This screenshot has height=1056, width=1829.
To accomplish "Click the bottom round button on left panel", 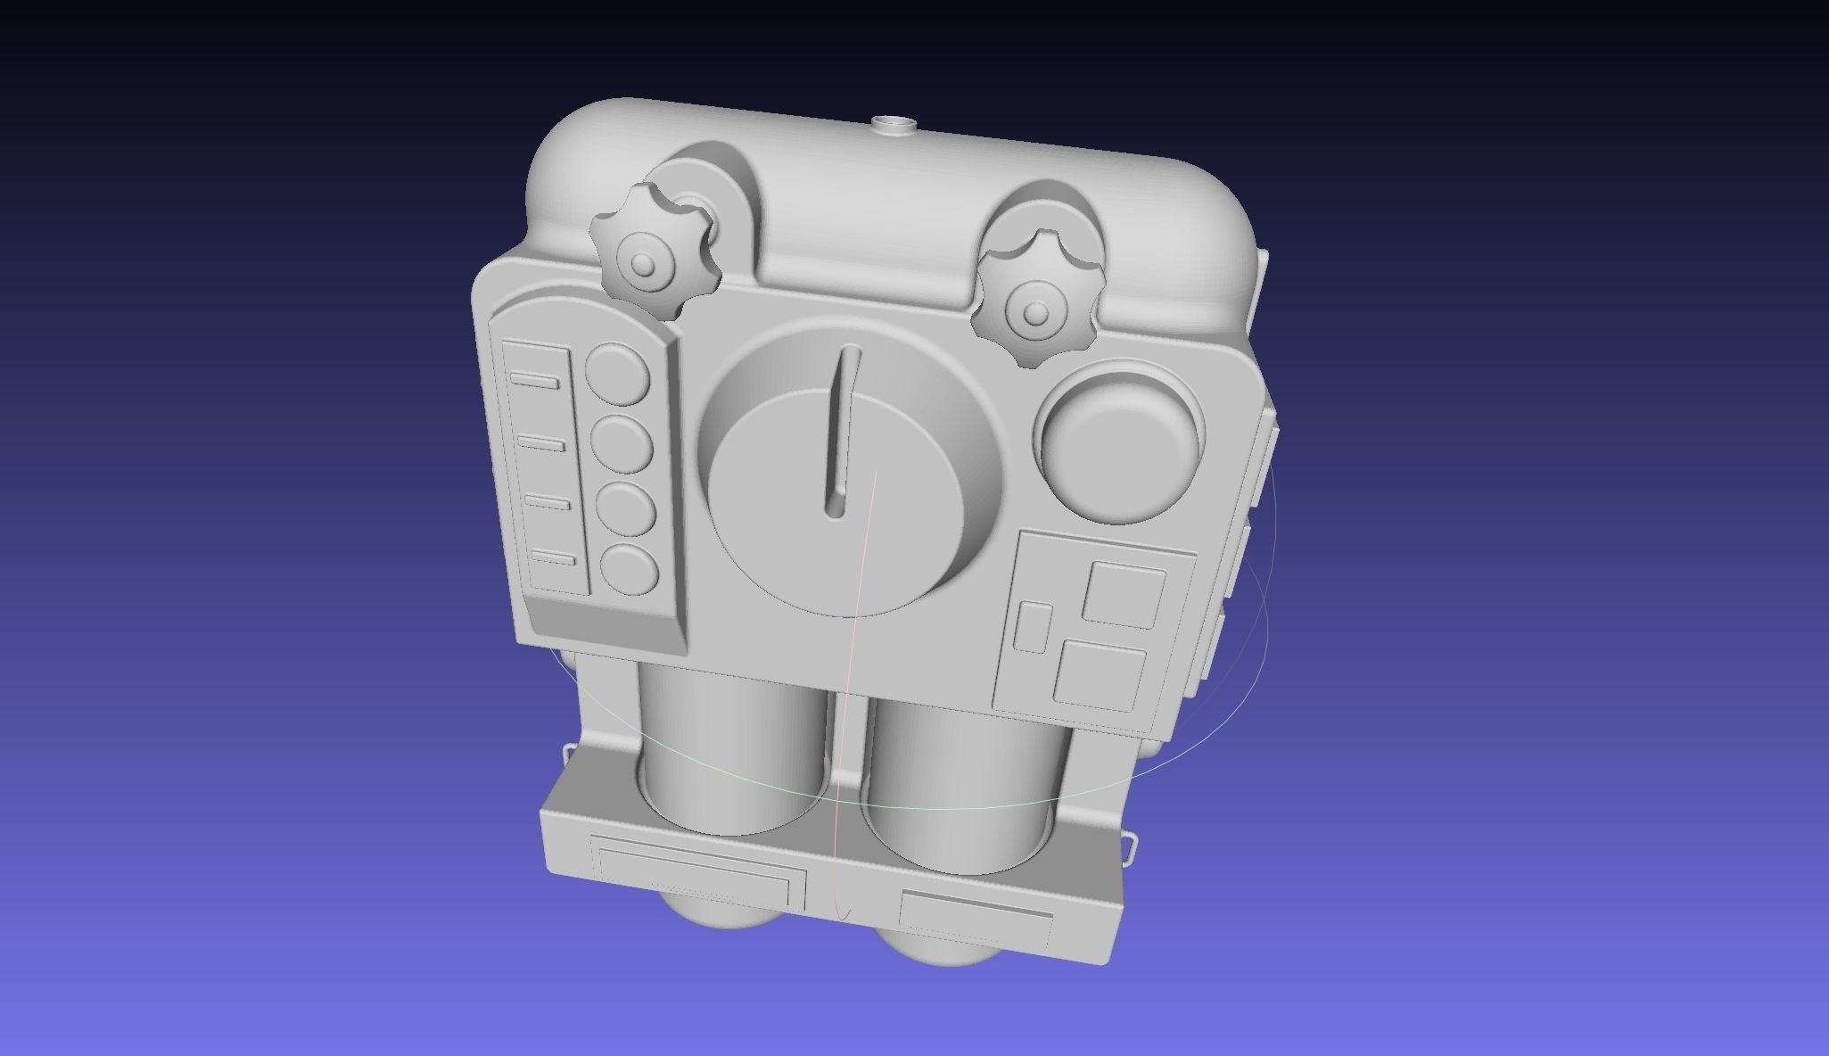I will [630, 569].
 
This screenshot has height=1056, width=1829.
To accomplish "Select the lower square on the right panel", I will [1100, 674].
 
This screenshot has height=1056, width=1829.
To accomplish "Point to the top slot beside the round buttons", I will [534, 381].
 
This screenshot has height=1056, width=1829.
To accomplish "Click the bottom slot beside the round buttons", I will [553, 558].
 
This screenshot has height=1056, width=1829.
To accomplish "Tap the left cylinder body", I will [731, 749].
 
